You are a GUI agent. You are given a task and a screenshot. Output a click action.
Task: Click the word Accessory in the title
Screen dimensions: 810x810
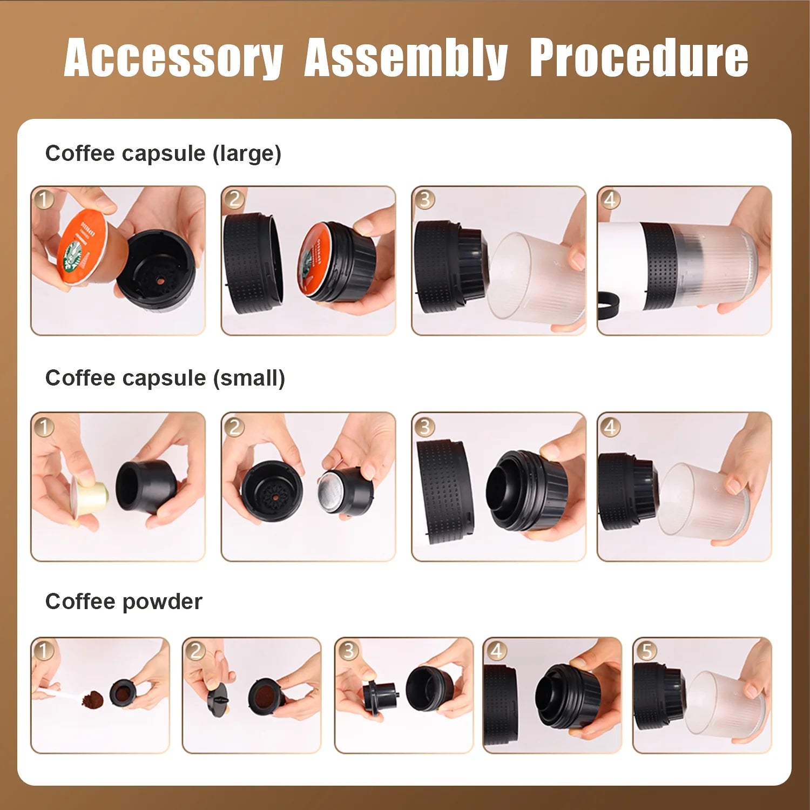tap(173, 58)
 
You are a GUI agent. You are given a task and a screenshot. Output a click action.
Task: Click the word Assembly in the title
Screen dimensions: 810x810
tap(406, 58)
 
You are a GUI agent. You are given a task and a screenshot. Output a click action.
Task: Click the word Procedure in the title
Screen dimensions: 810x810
tap(638, 58)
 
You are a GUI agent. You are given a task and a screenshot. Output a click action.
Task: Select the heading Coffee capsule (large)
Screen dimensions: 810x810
tap(163, 153)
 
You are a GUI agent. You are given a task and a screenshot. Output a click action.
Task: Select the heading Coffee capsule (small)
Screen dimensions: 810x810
tap(165, 378)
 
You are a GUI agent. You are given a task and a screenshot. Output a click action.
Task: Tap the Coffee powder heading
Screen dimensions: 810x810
tap(124, 602)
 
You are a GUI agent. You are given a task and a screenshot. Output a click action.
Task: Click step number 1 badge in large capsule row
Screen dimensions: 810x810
tap(44, 199)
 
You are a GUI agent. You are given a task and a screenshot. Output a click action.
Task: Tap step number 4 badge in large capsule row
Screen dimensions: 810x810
tap(610, 199)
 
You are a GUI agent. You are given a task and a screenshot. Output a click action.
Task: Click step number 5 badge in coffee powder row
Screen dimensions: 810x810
tap(645, 650)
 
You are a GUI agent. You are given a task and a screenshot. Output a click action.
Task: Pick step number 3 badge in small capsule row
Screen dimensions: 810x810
tap(424, 427)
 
